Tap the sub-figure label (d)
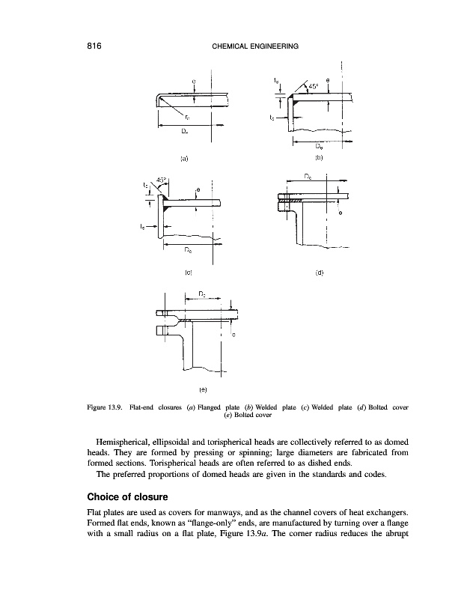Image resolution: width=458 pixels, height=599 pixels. tap(319, 273)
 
